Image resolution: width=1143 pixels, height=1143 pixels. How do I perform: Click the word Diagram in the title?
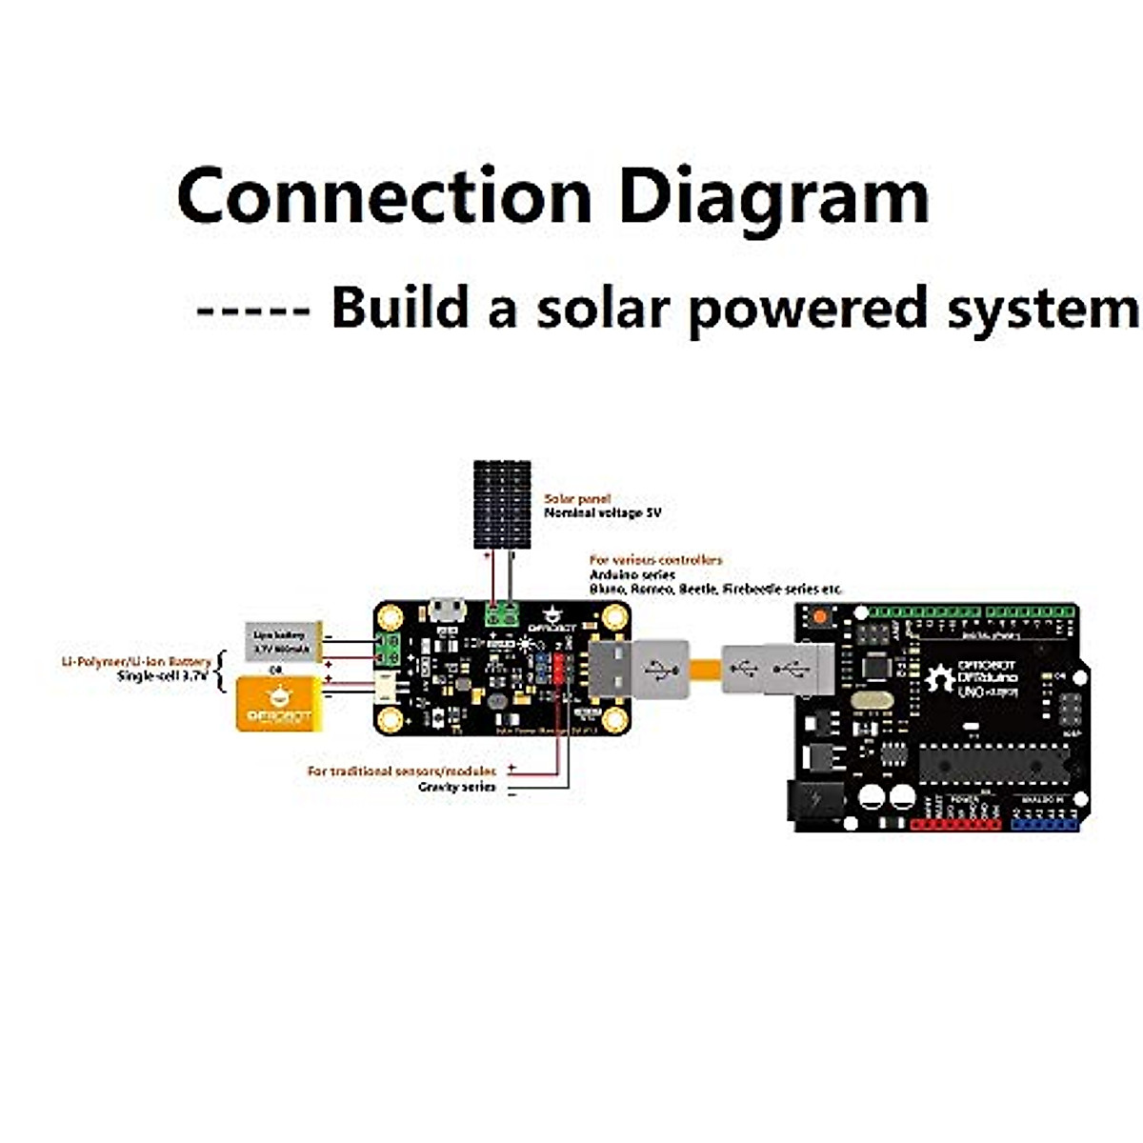click(773, 198)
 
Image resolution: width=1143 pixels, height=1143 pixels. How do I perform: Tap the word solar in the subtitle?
click(596, 309)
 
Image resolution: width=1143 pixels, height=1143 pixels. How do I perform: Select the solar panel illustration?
click(502, 505)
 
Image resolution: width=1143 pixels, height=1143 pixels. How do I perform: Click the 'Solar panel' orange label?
click(577, 498)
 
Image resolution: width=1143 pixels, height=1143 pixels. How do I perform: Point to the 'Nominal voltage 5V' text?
click(602, 512)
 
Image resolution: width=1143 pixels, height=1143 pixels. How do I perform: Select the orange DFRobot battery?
click(277, 703)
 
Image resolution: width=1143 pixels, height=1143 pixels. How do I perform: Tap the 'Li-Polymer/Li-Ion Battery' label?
click(136, 661)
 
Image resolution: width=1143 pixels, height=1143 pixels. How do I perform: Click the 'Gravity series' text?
click(456, 787)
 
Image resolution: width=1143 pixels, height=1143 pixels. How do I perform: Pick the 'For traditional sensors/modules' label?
click(401, 771)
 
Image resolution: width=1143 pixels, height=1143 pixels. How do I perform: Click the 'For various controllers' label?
click(655, 560)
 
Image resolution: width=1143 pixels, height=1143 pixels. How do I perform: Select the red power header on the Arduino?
click(955, 825)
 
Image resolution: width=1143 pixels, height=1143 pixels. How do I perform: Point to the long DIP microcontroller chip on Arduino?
click(993, 761)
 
